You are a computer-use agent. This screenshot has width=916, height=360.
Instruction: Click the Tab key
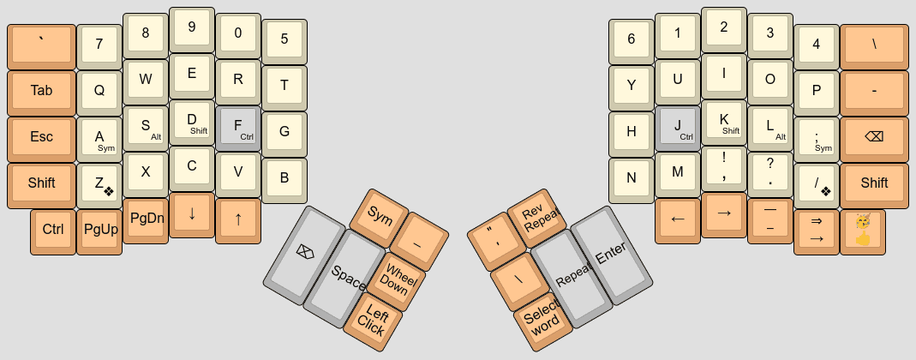coord(41,91)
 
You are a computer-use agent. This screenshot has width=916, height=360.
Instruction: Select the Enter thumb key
coord(610,255)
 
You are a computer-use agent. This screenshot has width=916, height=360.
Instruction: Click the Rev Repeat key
coord(538,219)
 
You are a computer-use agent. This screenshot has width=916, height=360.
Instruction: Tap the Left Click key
coord(372,318)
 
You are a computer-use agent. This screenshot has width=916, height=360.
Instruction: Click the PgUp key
coord(100,229)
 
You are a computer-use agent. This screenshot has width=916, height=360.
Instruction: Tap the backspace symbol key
coord(874,137)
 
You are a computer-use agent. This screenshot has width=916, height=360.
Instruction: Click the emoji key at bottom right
coord(863,229)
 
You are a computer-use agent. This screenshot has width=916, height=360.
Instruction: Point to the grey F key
coord(237,126)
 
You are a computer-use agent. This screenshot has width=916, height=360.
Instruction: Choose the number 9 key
coord(192,27)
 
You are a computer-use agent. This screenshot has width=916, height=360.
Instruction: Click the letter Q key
coord(99,90)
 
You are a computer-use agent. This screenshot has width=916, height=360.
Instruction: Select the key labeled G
coord(284,132)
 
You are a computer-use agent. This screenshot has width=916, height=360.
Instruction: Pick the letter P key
coord(816,90)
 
